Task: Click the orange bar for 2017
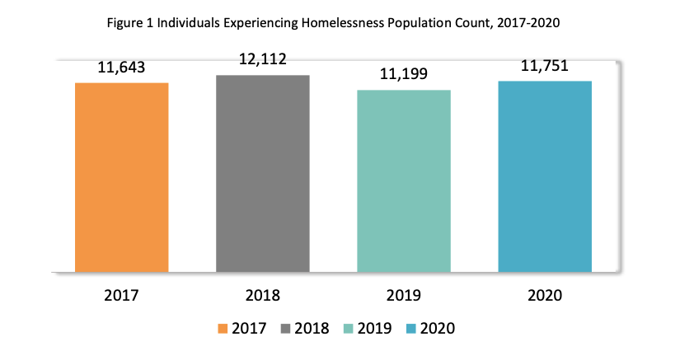pyautogui.click(x=122, y=177)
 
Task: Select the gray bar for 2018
pyautogui.click(x=263, y=173)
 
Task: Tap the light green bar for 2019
pyautogui.click(x=404, y=180)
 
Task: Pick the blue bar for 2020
pyautogui.click(x=545, y=176)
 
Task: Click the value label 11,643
pyautogui.click(x=122, y=68)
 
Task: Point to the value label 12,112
pyautogui.click(x=263, y=59)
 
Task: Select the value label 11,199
pyautogui.click(x=404, y=75)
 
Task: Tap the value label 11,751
pyautogui.click(x=545, y=67)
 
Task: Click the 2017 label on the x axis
pyautogui.click(x=122, y=295)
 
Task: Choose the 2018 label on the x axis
pyautogui.click(x=263, y=295)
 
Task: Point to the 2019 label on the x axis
pyautogui.click(x=404, y=295)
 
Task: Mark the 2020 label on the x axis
pyautogui.click(x=545, y=295)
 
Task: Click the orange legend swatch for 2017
pyautogui.click(x=223, y=329)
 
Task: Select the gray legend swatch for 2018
pyautogui.click(x=285, y=329)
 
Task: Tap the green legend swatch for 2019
pyautogui.click(x=348, y=329)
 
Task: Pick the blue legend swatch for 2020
pyautogui.click(x=410, y=329)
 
